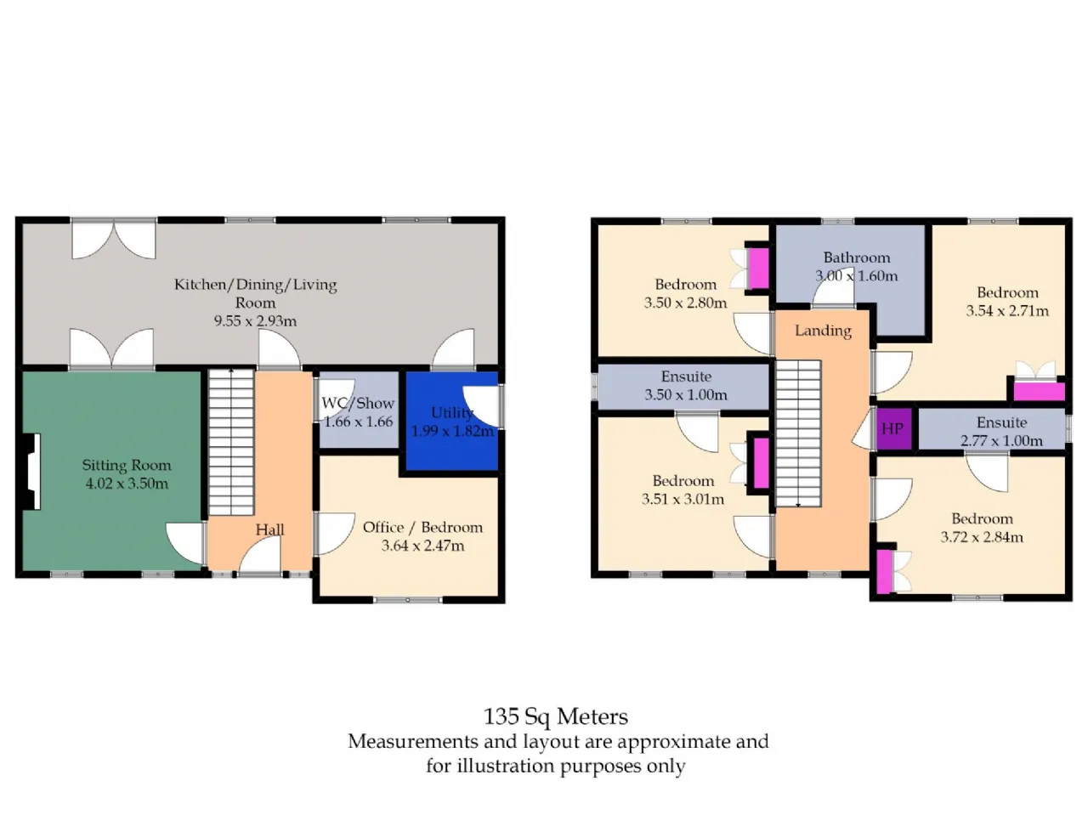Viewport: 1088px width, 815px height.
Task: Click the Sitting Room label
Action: (x=127, y=465)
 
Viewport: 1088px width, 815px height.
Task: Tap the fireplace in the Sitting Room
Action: (x=31, y=471)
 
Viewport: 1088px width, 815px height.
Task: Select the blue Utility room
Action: (x=451, y=421)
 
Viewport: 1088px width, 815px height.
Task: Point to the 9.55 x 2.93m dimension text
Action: (x=255, y=321)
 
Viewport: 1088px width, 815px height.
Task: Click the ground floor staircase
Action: (x=231, y=443)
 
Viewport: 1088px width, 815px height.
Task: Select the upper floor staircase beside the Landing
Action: (x=798, y=433)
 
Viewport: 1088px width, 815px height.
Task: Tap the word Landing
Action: (x=823, y=331)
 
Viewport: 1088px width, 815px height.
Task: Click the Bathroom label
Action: (x=857, y=258)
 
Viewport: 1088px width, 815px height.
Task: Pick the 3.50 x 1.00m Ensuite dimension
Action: (x=686, y=395)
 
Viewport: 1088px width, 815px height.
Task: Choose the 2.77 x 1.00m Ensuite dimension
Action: (x=1001, y=440)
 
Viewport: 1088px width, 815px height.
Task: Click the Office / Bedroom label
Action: (x=422, y=527)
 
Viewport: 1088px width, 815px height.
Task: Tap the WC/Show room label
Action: (x=358, y=404)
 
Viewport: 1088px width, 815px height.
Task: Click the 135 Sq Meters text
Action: (x=556, y=717)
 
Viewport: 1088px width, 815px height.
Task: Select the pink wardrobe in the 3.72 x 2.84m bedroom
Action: (x=884, y=571)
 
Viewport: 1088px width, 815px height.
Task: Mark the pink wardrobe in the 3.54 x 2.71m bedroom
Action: (x=1039, y=392)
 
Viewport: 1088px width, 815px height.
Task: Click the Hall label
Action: (x=269, y=529)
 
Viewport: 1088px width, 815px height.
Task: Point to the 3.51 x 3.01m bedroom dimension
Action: (x=683, y=499)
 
